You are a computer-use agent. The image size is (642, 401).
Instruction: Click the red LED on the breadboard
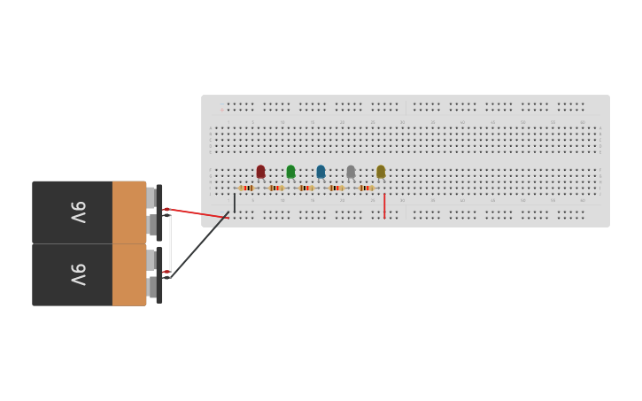click(x=260, y=171)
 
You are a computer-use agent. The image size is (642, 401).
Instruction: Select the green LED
click(x=290, y=171)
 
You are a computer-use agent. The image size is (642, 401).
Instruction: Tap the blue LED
click(x=321, y=171)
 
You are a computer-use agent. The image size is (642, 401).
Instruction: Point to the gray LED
click(x=351, y=171)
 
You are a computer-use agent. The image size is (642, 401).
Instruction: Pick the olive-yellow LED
click(x=381, y=171)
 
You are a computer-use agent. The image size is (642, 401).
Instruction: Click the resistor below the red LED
click(x=246, y=188)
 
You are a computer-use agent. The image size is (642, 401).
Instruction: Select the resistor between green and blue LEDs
click(x=306, y=188)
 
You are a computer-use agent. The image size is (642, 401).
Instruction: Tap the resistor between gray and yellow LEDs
click(x=367, y=188)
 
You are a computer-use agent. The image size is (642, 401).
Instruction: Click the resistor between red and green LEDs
click(x=276, y=188)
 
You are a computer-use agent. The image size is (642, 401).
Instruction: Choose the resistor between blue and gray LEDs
click(x=336, y=188)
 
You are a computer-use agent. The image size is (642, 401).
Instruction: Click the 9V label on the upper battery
click(x=79, y=212)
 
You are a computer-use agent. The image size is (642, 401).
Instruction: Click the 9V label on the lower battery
click(x=79, y=274)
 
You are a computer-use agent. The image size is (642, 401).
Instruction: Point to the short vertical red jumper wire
click(x=384, y=206)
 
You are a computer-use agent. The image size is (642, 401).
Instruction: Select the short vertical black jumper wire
click(x=235, y=203)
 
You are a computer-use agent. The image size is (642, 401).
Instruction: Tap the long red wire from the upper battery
click(x=199, y=213)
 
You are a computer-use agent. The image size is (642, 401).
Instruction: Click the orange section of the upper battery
click(x=128, y=212)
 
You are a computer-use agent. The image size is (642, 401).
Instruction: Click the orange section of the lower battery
click(x=128, y=275)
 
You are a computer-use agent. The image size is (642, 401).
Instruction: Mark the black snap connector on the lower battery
click(x=159, y=274)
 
